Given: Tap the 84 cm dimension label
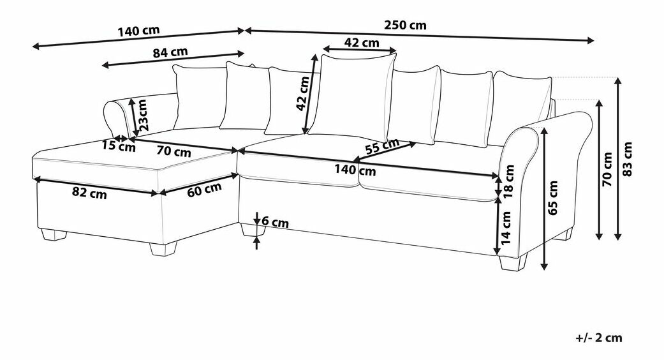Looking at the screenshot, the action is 170,52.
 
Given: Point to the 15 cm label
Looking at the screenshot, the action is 119,147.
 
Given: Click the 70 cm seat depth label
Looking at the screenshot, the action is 173,151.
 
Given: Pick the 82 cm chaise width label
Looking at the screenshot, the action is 89,193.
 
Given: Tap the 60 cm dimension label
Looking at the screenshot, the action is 205,189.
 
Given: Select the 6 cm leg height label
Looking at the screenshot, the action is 276,221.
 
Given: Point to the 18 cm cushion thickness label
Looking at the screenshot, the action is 509,181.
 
